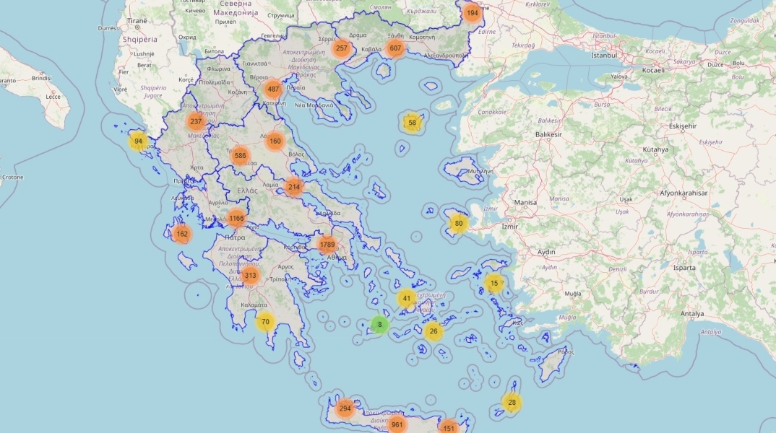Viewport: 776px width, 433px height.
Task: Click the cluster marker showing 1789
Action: [x=327, y=245]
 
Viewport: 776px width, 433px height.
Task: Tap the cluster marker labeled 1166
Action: [x=236, y=218]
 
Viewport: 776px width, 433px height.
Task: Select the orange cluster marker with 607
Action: [x=395, y=48]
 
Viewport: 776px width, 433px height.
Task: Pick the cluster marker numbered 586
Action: [x=241, y=155]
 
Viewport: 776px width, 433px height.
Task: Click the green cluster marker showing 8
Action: [x=379, y=325]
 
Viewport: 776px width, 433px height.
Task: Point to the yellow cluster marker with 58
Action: [x=412, y=123]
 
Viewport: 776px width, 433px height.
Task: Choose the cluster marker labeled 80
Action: [x=458, y=224]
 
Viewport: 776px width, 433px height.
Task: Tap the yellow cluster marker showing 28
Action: [x=512, y=403]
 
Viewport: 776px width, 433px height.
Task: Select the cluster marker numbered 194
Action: [x=472, y=13]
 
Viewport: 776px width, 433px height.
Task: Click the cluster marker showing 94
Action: [x=138, y=141]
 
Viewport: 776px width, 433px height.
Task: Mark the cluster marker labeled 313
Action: [x=250, y=276]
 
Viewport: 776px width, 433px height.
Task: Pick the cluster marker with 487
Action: [x=272, y=89]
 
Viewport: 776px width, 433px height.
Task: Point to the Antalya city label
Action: [x=691, y=314]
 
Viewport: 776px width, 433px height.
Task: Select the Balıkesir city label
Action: [x=548, y=134]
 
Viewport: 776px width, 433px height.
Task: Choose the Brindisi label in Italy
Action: [x=42, y=78]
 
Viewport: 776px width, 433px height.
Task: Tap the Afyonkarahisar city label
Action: [x=684, y=193]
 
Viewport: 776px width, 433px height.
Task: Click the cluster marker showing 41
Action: [x=407, y=298]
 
